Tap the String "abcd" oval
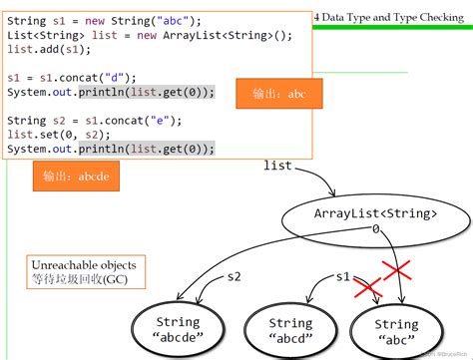coord(289,330)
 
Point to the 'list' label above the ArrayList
coord(277,164)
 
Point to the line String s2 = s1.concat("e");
coord(92,120)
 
